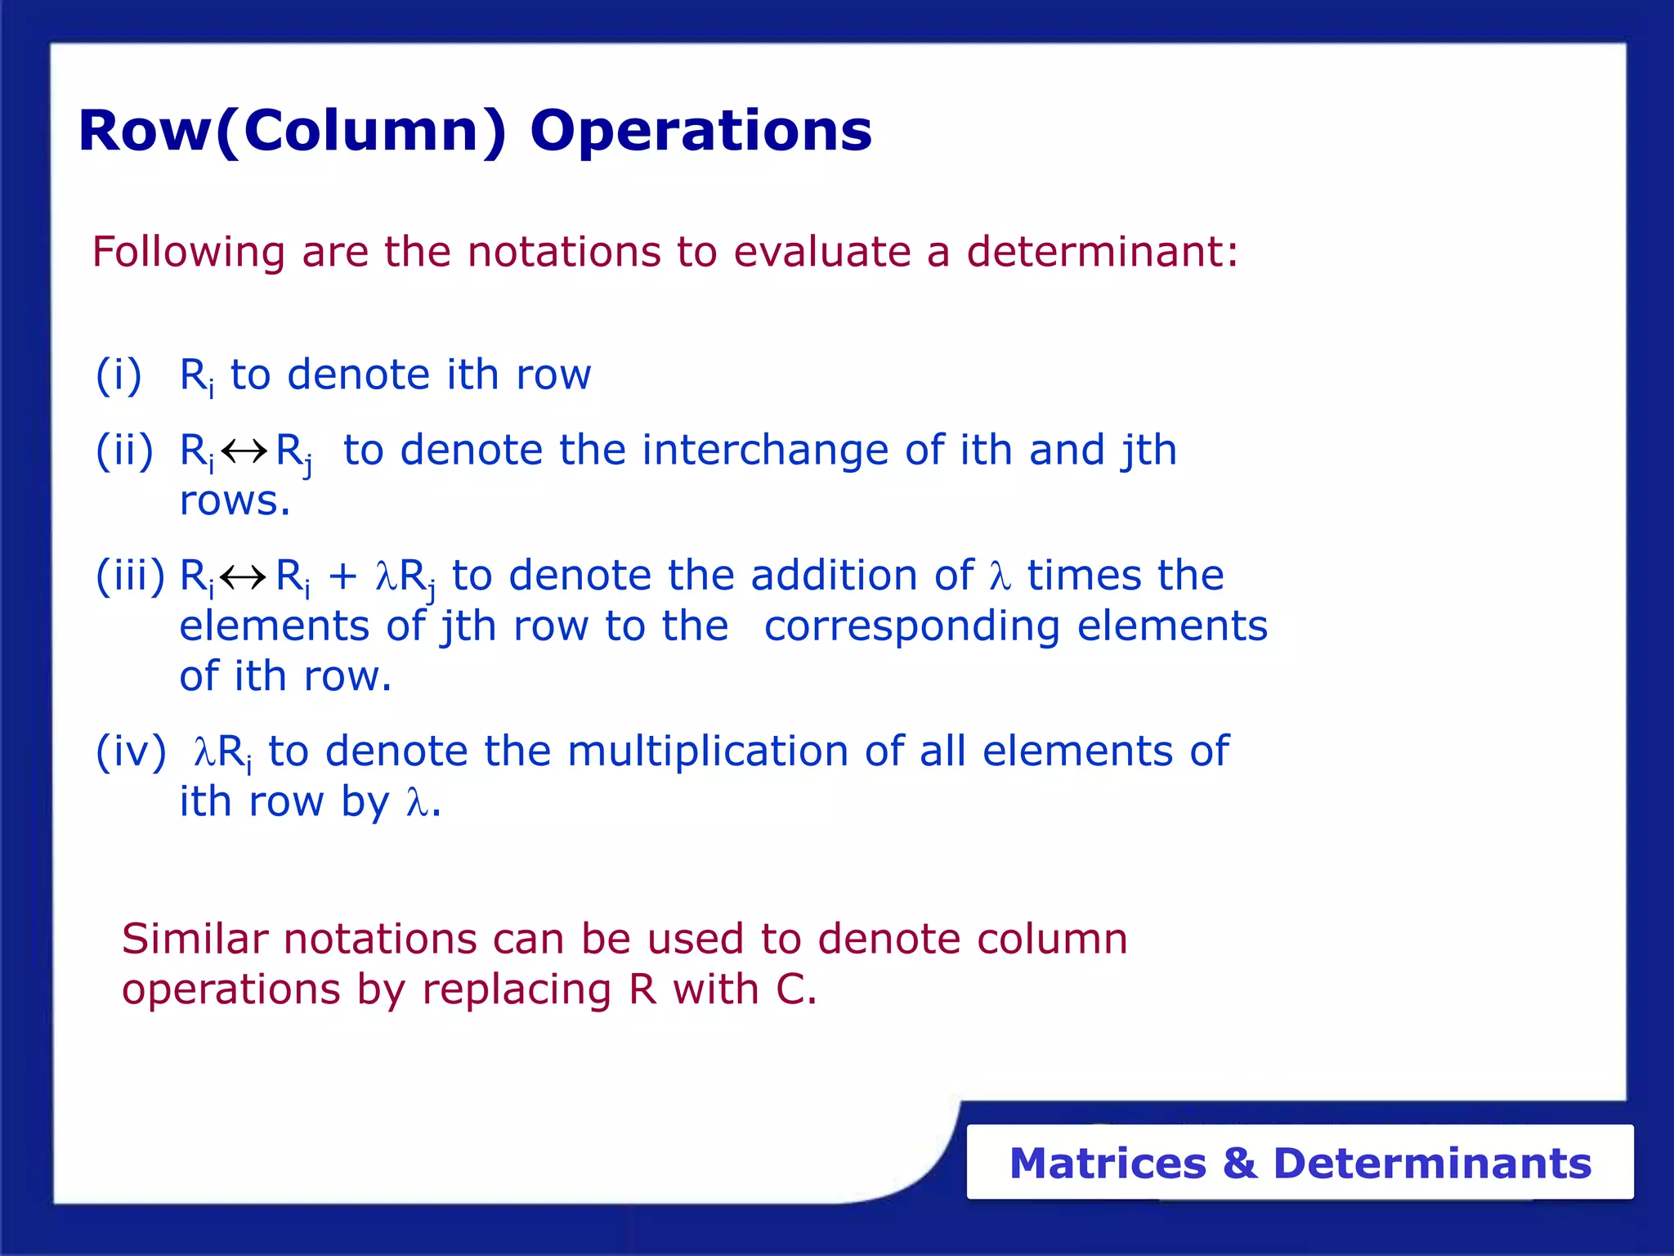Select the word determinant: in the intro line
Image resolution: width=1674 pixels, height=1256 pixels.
click(1102, 251)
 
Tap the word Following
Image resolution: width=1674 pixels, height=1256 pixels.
click(188, 253)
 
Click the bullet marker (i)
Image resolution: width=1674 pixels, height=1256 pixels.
click(119, 375)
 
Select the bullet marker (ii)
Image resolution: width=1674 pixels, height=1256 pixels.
click(124, 451)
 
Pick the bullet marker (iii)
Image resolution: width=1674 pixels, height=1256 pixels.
click(130, 576)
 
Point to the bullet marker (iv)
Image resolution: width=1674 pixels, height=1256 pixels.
click(131, 751)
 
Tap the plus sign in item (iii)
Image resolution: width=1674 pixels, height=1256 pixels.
click(342, 576)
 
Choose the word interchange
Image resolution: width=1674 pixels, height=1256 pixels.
click(764, 451)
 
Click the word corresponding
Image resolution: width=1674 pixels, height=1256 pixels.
click(911, 628)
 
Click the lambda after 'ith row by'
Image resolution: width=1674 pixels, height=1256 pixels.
click(417, 803)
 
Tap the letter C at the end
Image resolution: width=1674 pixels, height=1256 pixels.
click(790, 989)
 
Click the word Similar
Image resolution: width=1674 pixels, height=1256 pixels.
click(195, 939)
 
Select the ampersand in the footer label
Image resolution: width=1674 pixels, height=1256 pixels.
click(1239, 1163)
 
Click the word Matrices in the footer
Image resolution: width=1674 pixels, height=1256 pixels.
click(1108, 1163)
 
